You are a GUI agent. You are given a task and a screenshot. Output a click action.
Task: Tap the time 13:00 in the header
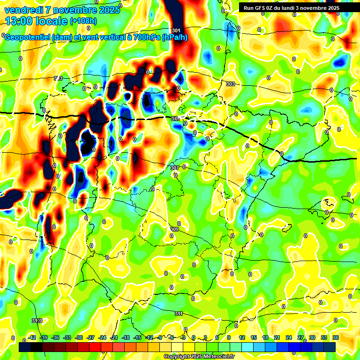(22, 21)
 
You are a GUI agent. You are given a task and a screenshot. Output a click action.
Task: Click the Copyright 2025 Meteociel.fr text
(199, 356)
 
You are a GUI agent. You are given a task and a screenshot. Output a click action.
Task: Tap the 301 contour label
(176, 30)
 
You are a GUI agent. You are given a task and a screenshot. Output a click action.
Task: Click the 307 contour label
(175, 167)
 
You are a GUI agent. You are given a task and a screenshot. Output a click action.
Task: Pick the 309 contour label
(174, 229)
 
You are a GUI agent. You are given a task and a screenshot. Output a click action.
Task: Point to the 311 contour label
(179, 314)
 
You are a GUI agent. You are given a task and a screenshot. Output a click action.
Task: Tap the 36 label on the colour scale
(336, 337)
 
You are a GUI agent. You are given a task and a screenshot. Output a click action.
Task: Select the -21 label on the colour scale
(114, 337)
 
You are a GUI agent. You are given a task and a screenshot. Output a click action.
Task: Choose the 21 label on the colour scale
(277, 337)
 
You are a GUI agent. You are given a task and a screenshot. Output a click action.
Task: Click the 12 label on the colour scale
(242, 337)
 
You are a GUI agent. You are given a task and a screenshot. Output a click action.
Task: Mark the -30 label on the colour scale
(79, 337)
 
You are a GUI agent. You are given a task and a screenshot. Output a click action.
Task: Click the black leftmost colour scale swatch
(25, 347)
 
